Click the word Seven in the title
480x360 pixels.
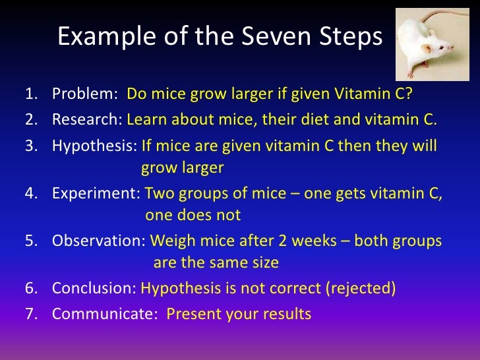[277, 36]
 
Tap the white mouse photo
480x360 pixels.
[433, 44]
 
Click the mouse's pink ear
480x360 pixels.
[426, 47]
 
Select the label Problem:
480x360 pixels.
[85, 94]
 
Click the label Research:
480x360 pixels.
[87, 119]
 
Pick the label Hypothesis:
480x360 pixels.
[94, 146]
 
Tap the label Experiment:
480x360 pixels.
[96, 193]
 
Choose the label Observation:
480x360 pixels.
[99, 240]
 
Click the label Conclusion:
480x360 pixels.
[94, 288]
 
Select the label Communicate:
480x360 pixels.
[105, 314]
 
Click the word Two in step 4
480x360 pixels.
[160, 193]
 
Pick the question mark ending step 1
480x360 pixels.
[408, 94]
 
